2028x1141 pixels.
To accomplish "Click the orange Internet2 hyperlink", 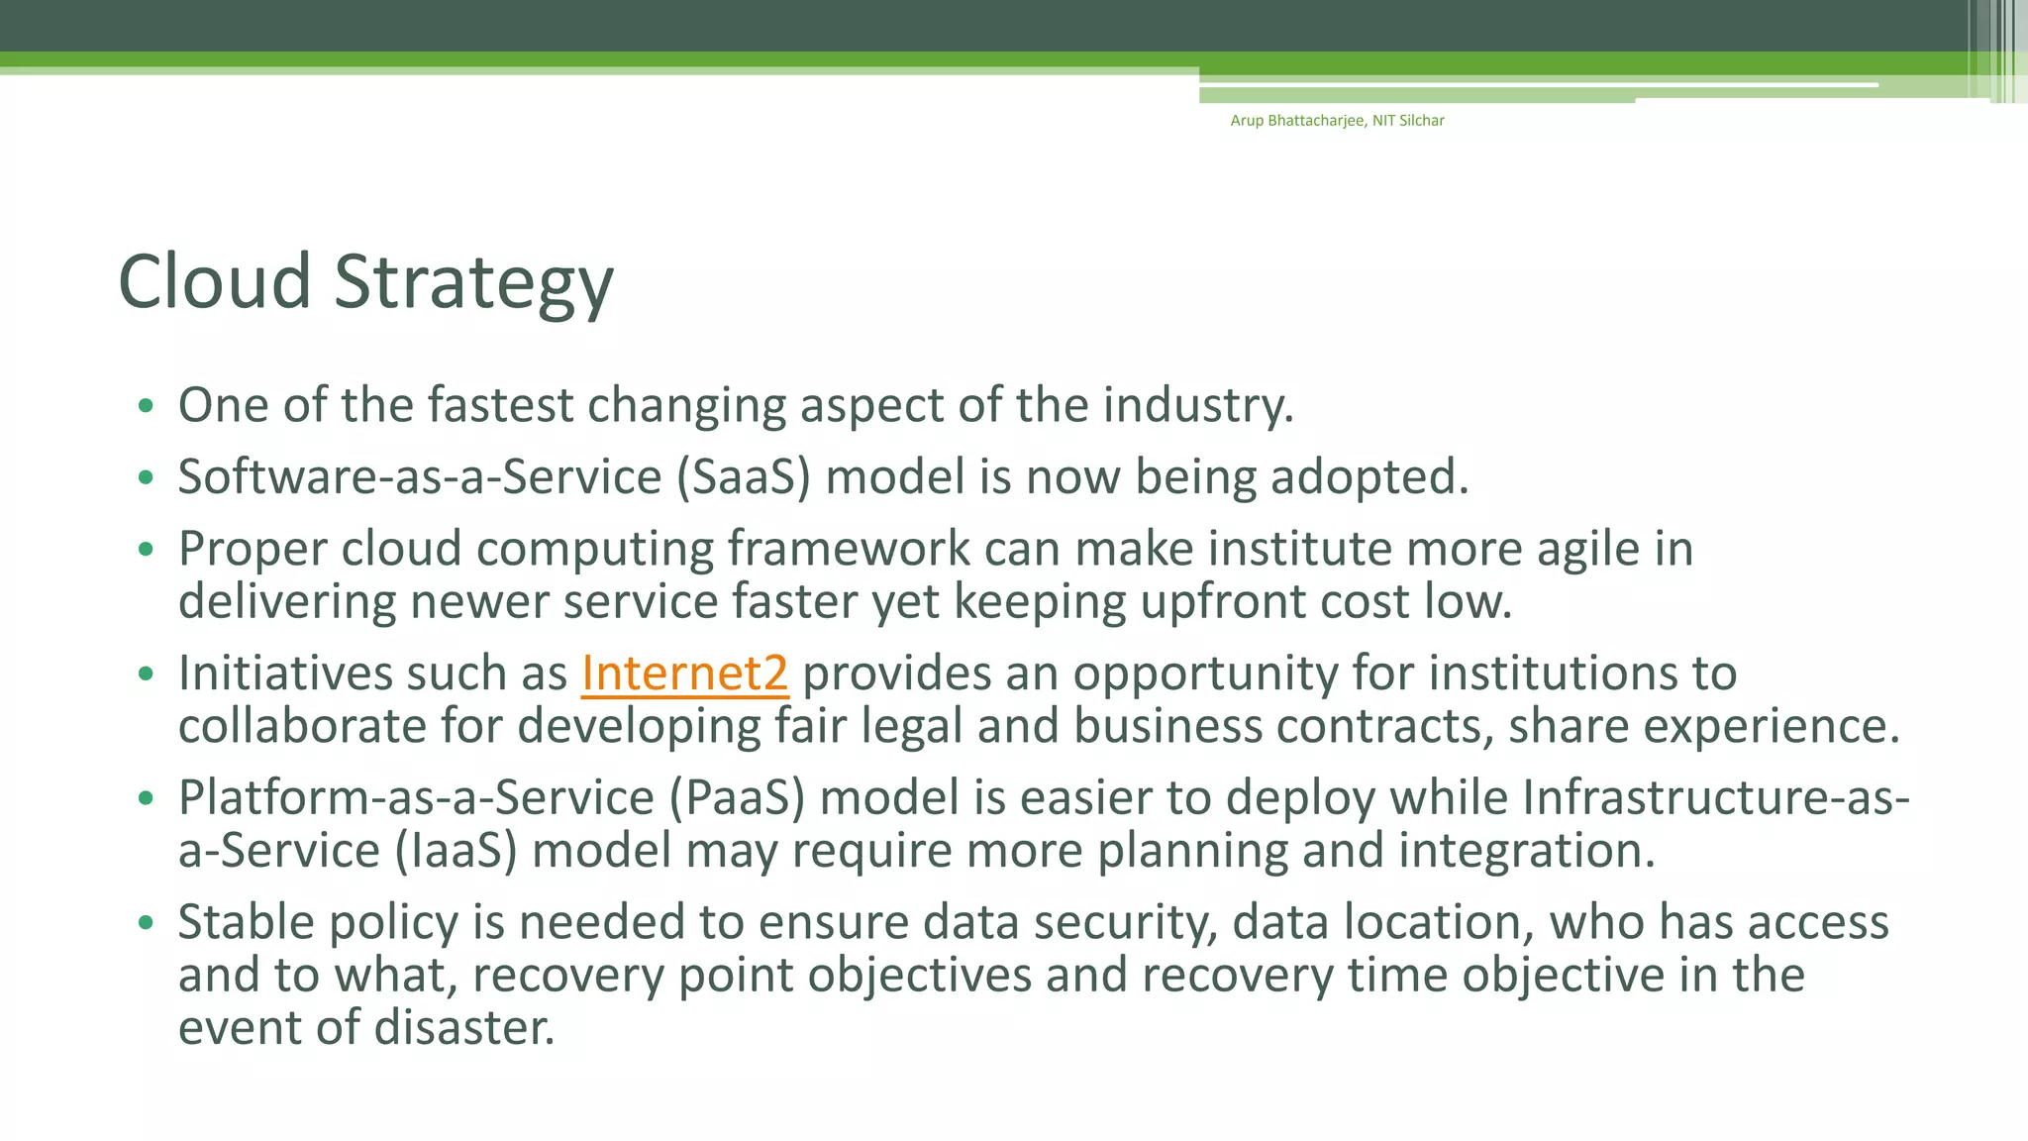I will coord(684,674).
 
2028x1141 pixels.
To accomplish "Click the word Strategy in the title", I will coord(473,282).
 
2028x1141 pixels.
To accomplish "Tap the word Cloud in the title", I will coord(215,282).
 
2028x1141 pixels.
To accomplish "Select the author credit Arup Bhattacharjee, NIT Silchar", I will coord(1337,121).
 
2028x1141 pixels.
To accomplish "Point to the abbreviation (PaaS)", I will coord(737,798).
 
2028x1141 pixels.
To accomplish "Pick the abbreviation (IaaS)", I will coord(456,851).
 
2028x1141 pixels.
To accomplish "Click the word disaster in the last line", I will coord(464,1027).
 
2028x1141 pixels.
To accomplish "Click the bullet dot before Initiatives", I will coord(147,674).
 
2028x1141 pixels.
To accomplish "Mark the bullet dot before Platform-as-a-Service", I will coord(147,798).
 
